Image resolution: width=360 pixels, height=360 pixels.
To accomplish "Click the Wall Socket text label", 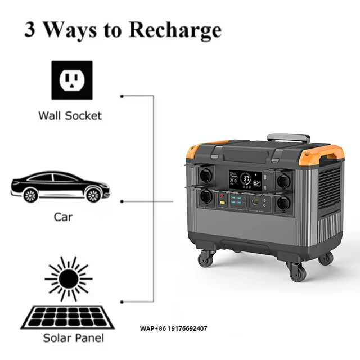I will (x=70, y=115).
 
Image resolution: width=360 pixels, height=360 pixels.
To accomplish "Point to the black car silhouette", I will (x=58, y=185).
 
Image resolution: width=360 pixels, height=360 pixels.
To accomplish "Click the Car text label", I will (x=64, y=216).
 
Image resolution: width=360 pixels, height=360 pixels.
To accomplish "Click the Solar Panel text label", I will (x=73, y=338).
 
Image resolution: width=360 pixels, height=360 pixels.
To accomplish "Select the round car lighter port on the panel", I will (x=259, y=200).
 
